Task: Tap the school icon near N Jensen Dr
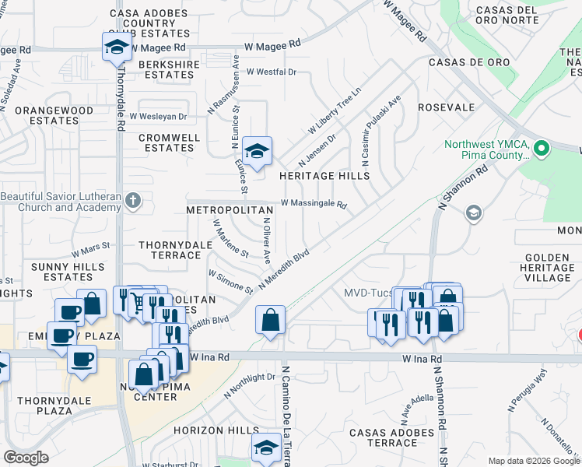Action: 257,150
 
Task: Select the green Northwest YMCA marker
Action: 543,147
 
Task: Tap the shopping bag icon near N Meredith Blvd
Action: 270,320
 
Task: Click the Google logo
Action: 26,458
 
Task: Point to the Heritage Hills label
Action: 324,177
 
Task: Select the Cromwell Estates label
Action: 170,142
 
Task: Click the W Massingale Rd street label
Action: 313,203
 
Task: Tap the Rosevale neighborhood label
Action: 446,107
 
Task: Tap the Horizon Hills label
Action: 216,430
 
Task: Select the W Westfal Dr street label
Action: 271,72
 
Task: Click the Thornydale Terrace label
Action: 170,250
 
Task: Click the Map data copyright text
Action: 534,461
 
